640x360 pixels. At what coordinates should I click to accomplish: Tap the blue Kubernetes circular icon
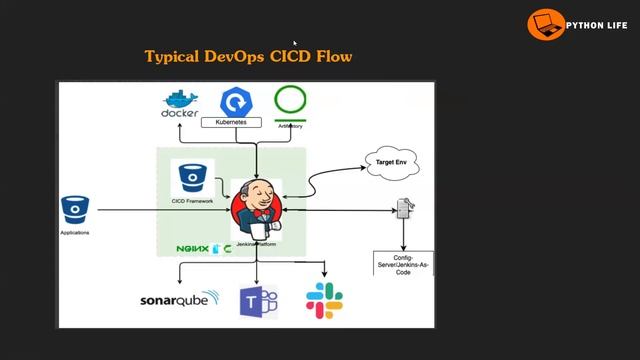point(237,101)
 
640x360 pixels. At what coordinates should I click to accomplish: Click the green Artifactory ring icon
point(290,101)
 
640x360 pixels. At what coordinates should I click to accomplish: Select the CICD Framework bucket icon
point(192,178)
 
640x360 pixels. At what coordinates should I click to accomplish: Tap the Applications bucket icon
point(76,210)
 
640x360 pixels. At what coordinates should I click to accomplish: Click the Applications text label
point(75,233)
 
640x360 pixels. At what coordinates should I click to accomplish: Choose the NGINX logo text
point(193,247)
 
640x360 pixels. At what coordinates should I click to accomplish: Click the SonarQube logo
point(180,300)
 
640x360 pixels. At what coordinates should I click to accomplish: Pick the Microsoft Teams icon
point(257,301)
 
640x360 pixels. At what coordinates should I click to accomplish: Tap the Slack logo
point(324,300)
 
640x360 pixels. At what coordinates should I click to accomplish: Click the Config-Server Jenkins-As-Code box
point(403,262)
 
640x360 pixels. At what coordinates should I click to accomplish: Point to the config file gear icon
point(405,209)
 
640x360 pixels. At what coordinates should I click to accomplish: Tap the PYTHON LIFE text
point(596,23)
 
